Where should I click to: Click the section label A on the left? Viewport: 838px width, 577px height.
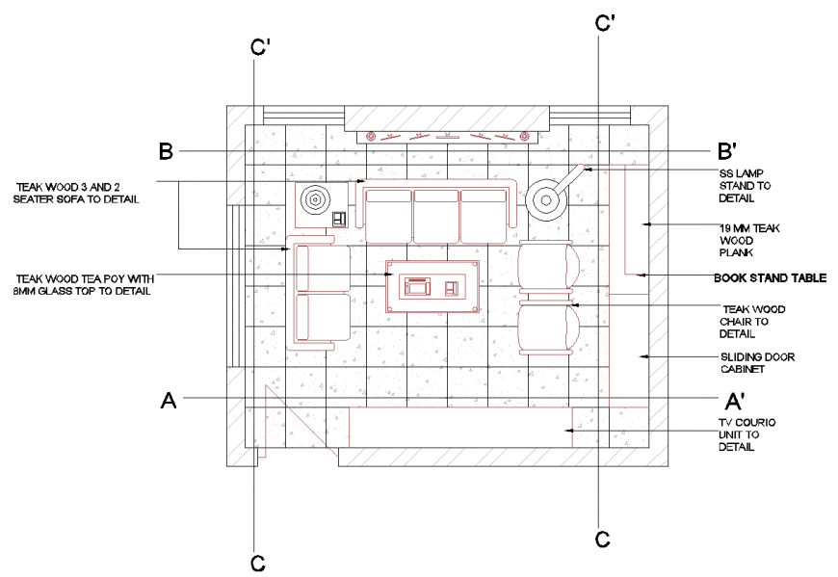click(169, 400)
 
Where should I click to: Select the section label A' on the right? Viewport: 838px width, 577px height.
click(734, 401)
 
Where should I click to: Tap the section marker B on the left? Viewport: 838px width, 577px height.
click(166, 151)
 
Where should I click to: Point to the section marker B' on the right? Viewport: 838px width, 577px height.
click(727, 151)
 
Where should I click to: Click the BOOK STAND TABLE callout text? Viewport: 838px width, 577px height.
click(770, 277)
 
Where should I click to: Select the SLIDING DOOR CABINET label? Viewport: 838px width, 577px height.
click(757, 362)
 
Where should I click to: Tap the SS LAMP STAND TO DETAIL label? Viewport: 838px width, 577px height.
click(744, 185)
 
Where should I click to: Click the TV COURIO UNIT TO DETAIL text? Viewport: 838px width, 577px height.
click(746, 434)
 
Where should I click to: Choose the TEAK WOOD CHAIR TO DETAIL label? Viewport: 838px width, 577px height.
click(751, 322)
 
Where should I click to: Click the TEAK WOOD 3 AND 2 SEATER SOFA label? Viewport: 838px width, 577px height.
click(77, 193)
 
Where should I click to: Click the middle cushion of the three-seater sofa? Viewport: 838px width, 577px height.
click(436, 215)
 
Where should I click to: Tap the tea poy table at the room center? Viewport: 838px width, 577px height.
click(432, 286)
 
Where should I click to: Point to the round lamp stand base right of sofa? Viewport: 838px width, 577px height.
click(546, 201)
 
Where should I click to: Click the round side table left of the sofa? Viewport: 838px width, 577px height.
click(315, 200)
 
